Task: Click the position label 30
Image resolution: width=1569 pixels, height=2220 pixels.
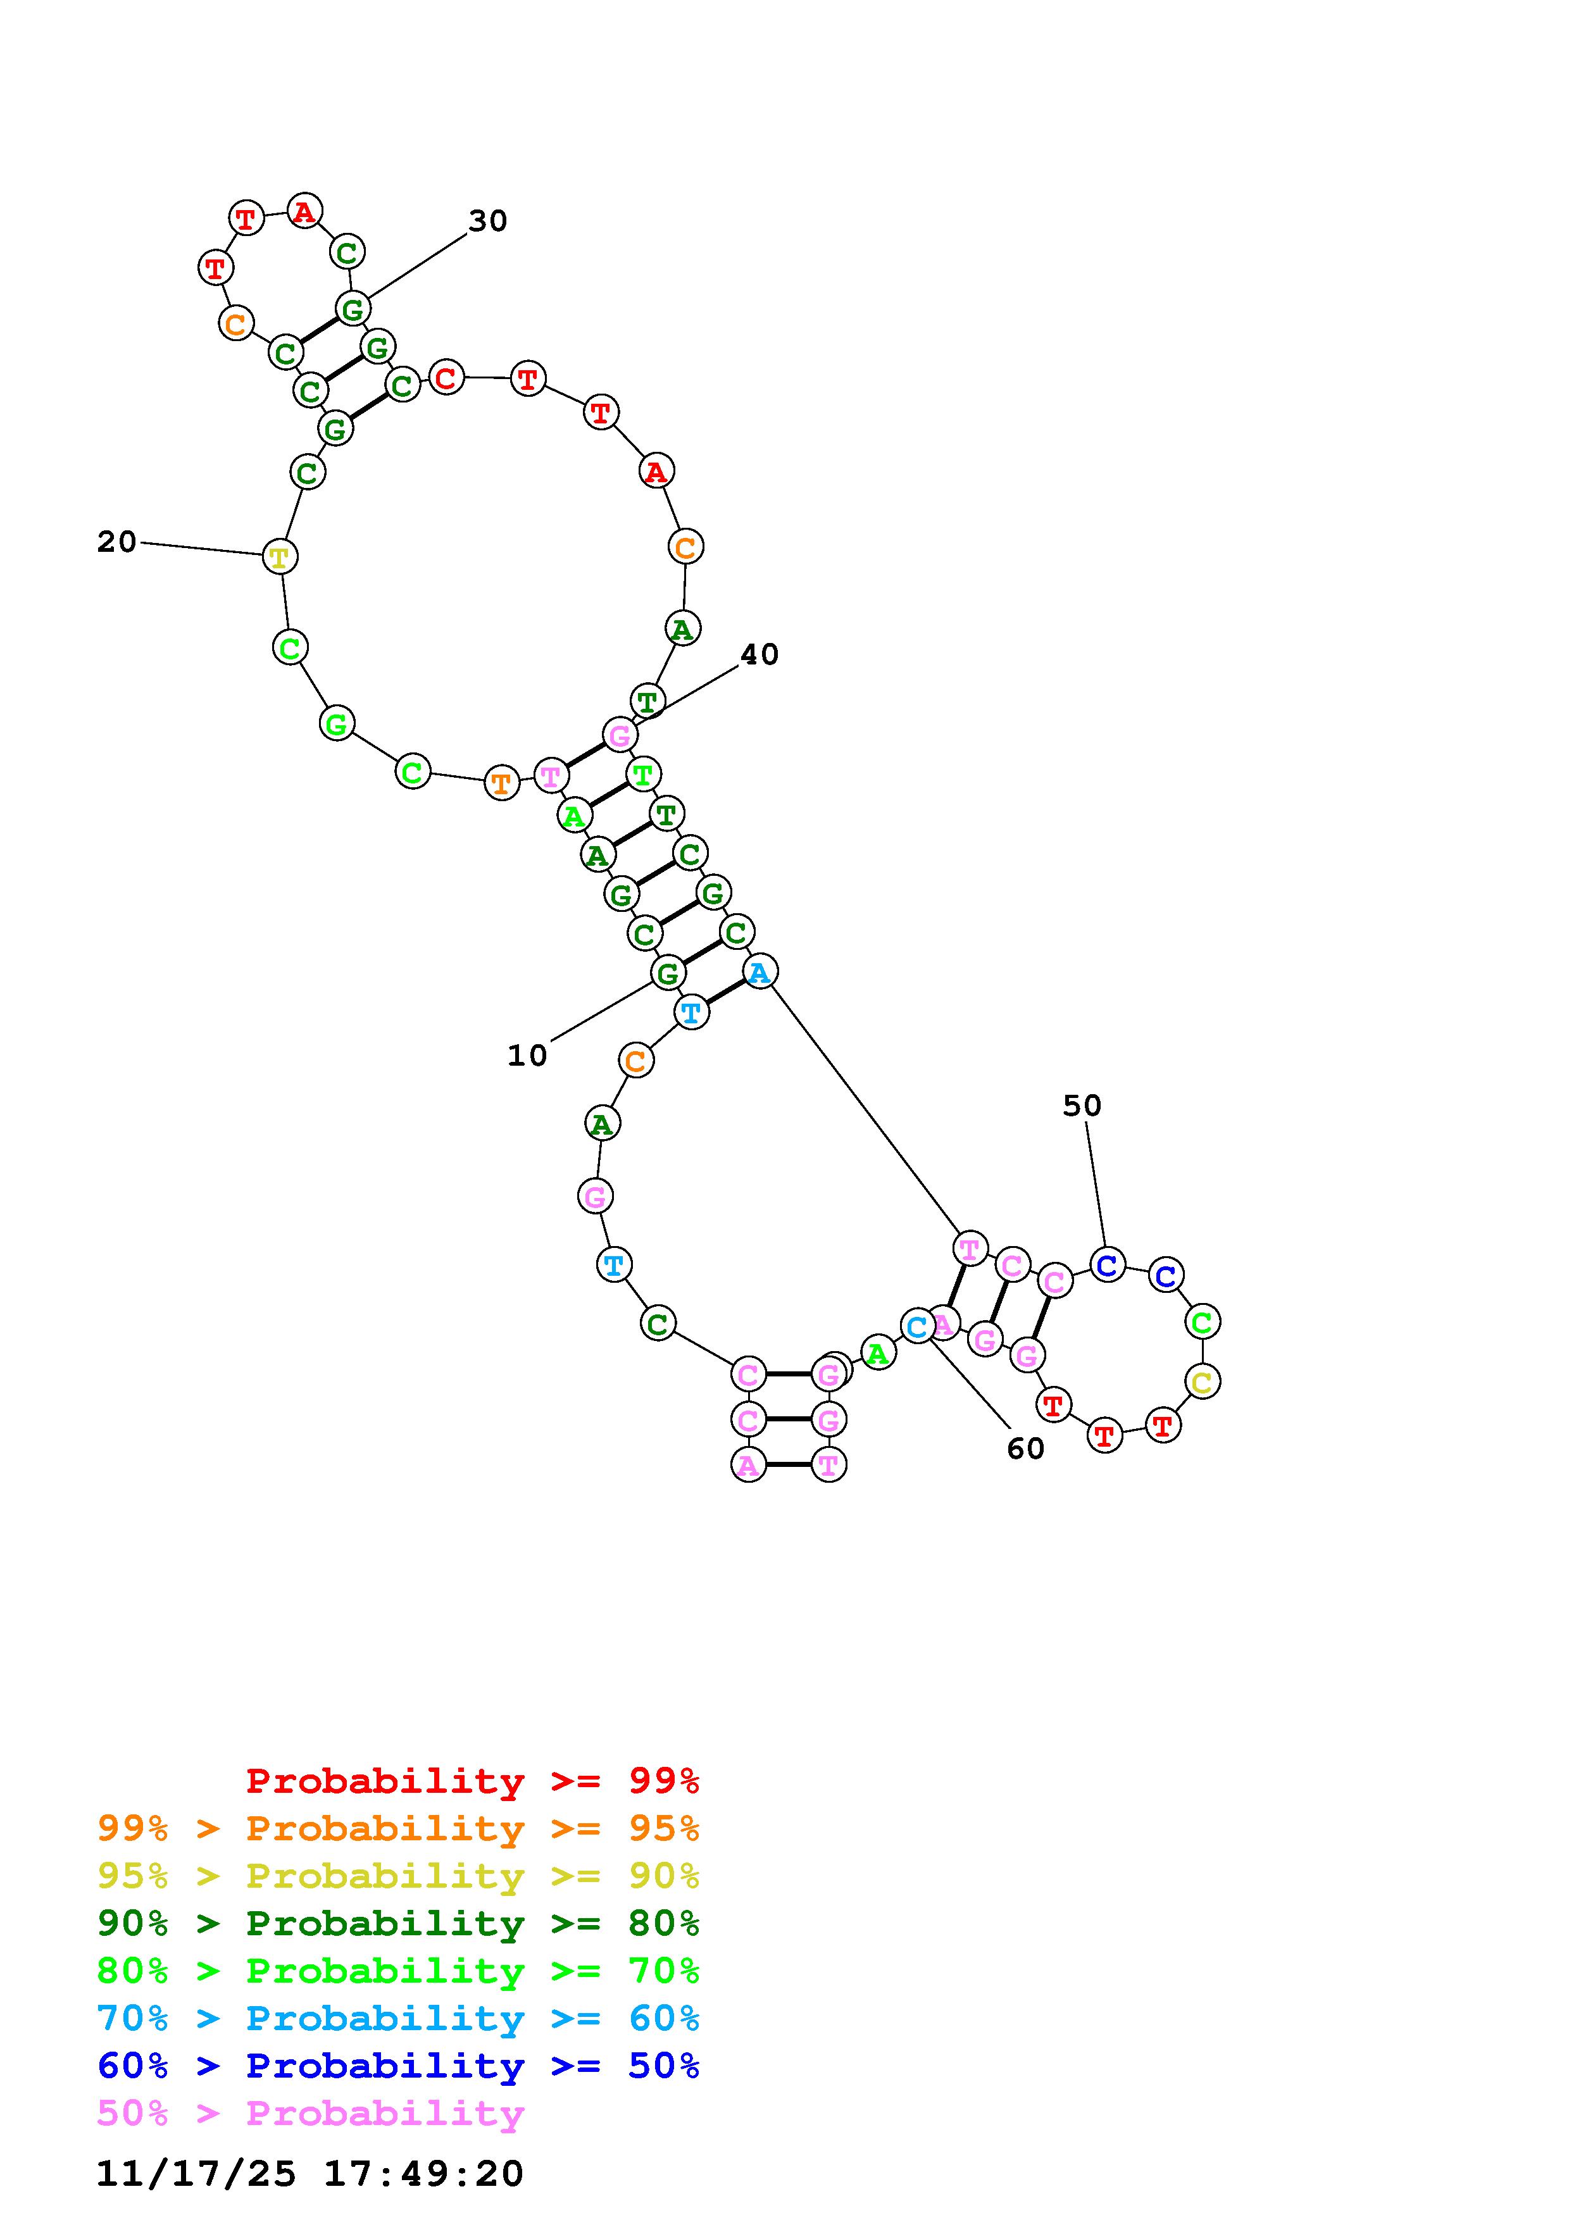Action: click(487, 221)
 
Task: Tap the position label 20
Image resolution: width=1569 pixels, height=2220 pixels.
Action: click(117, 542)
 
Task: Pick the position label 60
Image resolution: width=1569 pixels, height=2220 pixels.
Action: click(1026, 1449)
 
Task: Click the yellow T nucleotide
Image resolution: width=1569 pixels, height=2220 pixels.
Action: click(279, 557)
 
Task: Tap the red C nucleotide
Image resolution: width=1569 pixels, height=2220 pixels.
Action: click(446, 377)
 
